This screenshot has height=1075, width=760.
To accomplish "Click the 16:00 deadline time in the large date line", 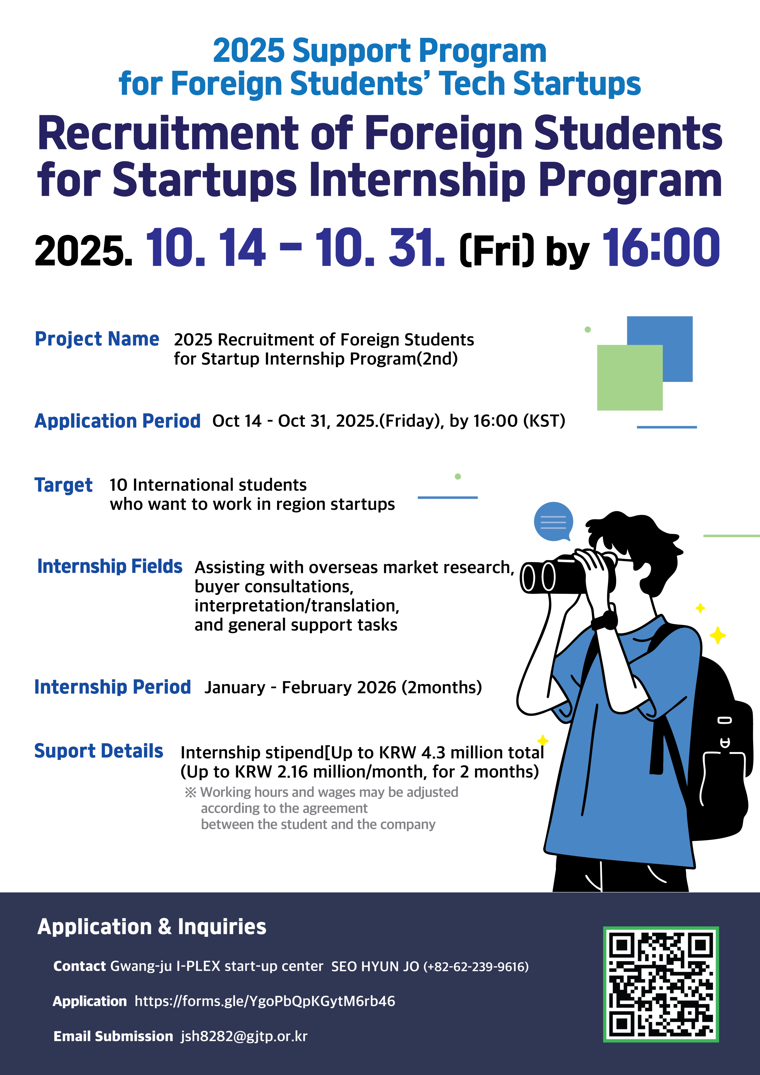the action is [x=661, y=248].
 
